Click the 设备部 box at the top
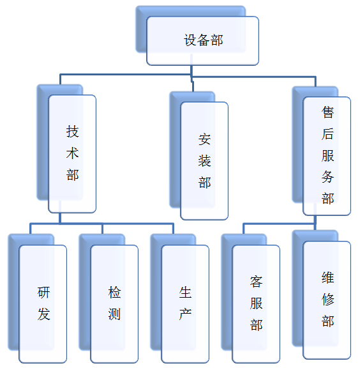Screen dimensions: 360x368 click(202, 41)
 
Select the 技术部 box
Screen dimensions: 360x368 click(72, 154)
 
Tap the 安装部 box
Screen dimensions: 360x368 click(204, 161)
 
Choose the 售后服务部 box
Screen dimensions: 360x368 click(327, 156)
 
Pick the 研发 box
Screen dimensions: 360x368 click(43, 304)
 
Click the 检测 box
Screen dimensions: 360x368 click(114, 304)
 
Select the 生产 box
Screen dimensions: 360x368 click(185, 304)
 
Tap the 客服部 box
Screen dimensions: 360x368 click(256, 304)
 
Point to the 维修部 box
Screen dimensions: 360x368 click(327, 300)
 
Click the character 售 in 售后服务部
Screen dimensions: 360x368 click(327, 112)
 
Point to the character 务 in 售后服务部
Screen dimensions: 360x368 click(327, 177)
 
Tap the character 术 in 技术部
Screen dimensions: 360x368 click(72, 153)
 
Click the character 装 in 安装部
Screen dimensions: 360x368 click(204, 161)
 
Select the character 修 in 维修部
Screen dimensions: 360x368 click(327, 300)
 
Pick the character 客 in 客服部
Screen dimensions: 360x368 click(256, 282)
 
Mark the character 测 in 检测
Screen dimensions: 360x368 click(114, 314)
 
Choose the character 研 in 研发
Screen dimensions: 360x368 click(43, 293)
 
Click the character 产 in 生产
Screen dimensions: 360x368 click(185, 314)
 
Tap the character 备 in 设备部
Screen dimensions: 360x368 click(204, 40)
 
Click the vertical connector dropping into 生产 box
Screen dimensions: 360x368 click(173, 229)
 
